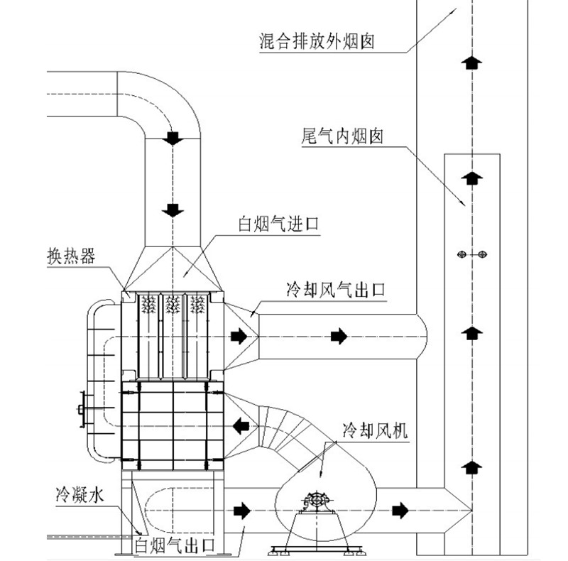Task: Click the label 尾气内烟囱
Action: (x=338, y=136)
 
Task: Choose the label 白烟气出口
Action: (x=174, y=546)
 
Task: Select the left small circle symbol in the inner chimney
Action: (x=461, y=254)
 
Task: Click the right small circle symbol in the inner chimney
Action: (x=481, y=254)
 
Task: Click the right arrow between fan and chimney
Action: (x=402, y=508)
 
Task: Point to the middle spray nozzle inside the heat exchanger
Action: (x=173, y=305)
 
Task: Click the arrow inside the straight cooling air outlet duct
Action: (x=339, y=336)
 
